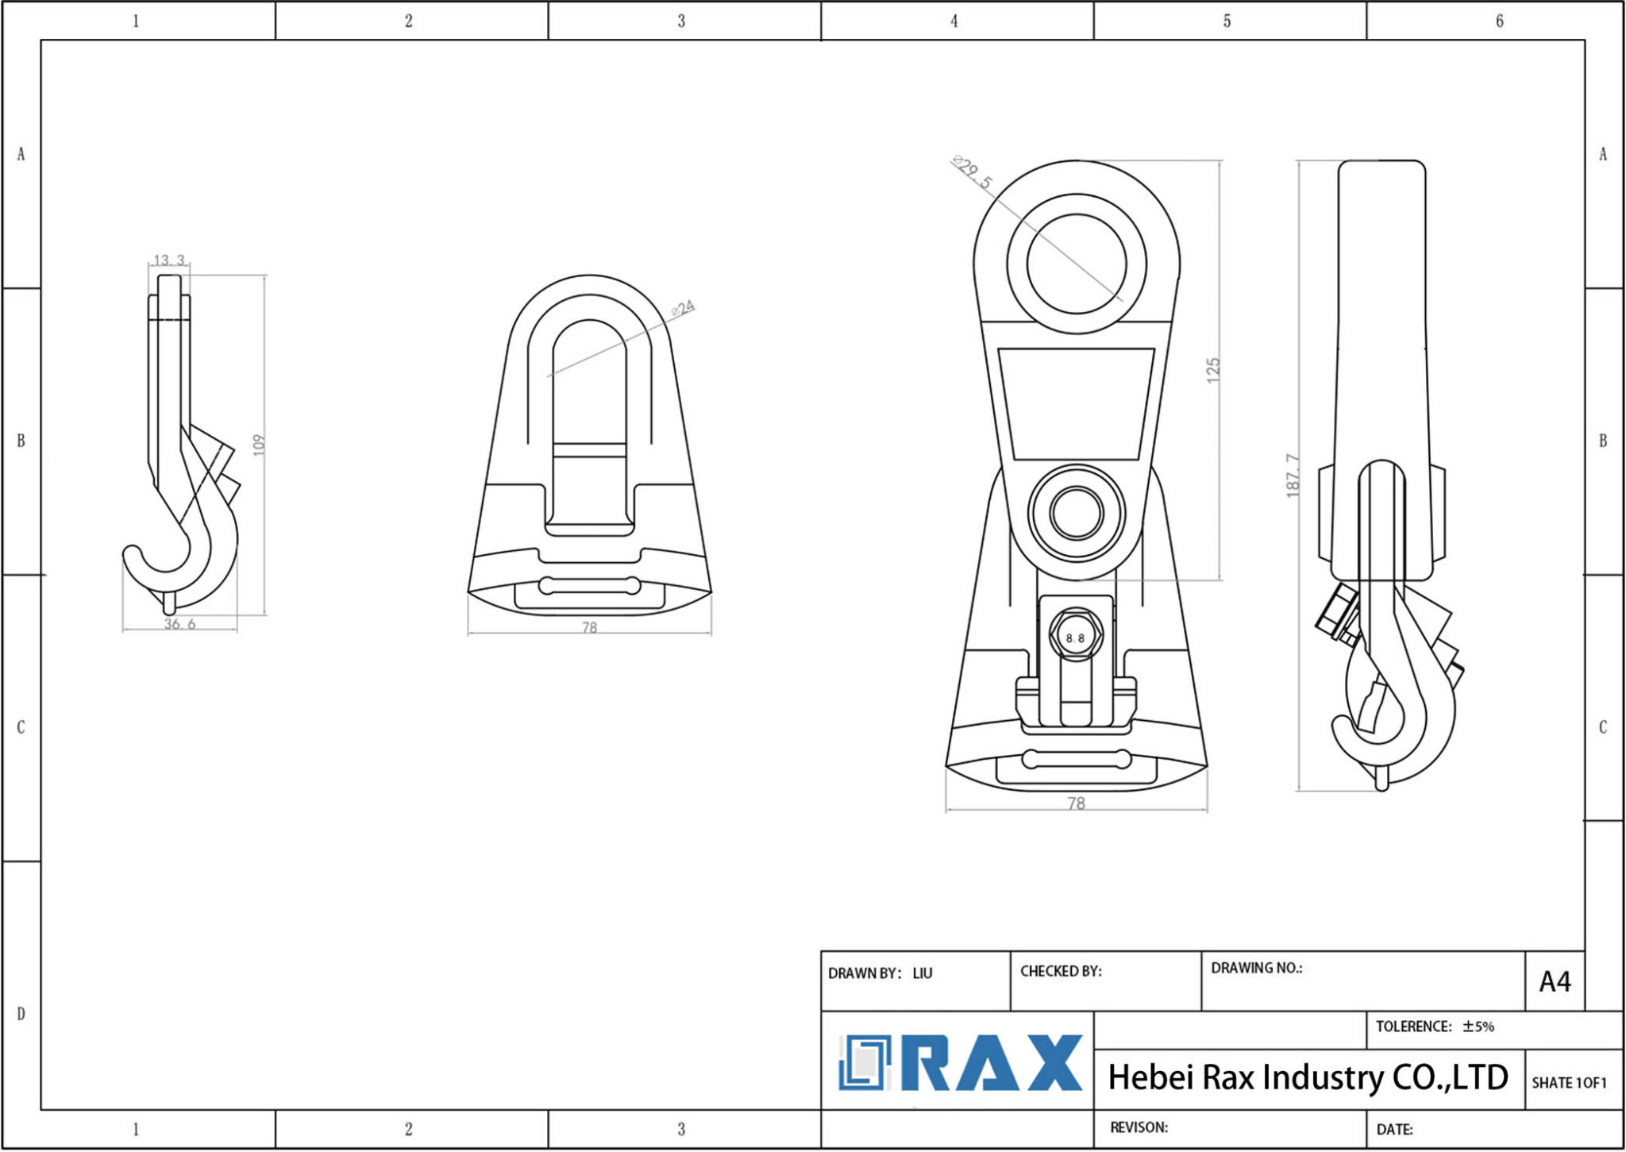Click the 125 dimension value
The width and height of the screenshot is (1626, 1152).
pyautogui.click(x=1212, y=370)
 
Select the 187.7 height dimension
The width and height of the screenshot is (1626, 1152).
pyautogui.click(x=1293, y=476)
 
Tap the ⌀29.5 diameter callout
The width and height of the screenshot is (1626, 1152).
pyautogui.click(x=973, y=172)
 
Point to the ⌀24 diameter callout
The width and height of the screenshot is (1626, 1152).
pyautogui.click(x=683, y=308)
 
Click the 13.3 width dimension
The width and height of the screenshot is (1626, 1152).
pyautogui.click(x=169, y=260)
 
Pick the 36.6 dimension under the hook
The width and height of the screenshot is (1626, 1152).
pyautogui.click(x=179, y=624)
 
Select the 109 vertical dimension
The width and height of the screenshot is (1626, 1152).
pyautogui.click(x=259, y=445)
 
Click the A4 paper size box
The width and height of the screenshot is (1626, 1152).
pyautogui.click(x=1555, y=982)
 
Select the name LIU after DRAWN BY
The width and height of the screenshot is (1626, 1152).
pyautogui.click(x=922, y=973)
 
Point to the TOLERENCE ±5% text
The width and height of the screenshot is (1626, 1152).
pyautogui.click(x=1434, y=1027)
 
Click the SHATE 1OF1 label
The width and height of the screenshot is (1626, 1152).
pyautogui.click(x=1568, y=1083)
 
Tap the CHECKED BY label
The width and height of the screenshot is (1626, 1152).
pyautogui.click(x=1060, y=971)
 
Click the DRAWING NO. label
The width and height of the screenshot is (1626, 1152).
pyautogui.click(x=1256, y=968)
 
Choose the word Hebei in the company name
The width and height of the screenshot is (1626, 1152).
pyautogui.click(x=1150, y=1078)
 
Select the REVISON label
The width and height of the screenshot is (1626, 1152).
pyautogui.click(x=1139, y=1127)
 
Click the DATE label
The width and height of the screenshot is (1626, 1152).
pyautogui.click(x=1394, y=1129)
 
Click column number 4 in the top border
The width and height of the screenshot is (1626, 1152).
pyautogui.click(x=954, y=21)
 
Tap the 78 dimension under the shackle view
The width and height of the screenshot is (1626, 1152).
pyautogui.click(x=589, y=628)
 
